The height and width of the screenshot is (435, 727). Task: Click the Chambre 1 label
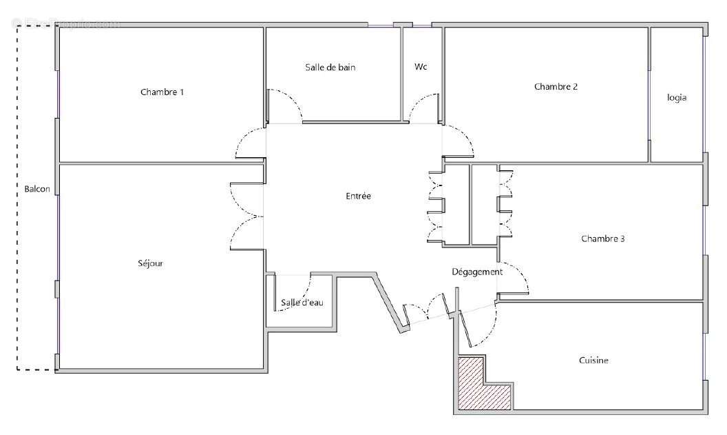point(162,92)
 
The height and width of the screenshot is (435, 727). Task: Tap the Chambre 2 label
point(556,87)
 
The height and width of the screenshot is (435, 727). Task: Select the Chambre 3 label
point(602,239)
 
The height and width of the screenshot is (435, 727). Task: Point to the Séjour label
point(150,263)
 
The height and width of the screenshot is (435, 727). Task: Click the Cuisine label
point(593,361)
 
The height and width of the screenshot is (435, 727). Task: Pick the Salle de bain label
point(330,68)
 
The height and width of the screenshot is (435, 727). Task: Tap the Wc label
point(421,68)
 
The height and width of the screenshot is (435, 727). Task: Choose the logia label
point(676,98)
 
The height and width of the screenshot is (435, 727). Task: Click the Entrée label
point(358,196)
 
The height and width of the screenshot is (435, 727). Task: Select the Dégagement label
point(477,272)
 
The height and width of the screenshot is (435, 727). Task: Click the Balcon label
point(37,189)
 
